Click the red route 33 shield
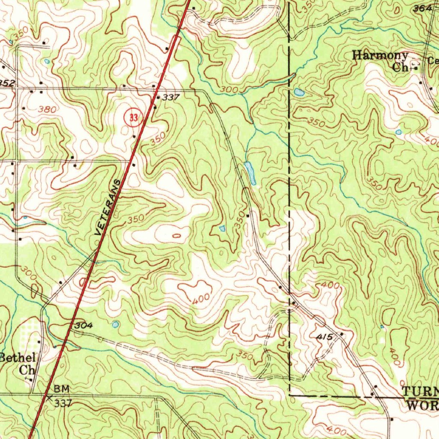pyautogui.click(x=133, y=117)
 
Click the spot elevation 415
pyautogui.click(x=325, y=338)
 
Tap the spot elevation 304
pyautogui.click(x=83, y=326)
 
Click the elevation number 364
pyautogui.click(x=422, y=8)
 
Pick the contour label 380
pyautogui.click(x=47, y=109)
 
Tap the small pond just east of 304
pyautogui.click(x=115, y=325)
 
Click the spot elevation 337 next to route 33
pyautogui.click(x=171, y=98)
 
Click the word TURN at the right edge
pyautogui.click(x=420, y=391)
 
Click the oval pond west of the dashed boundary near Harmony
pyautogui.click(x=299, y=92)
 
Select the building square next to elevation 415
pyautogui.click(x=342, y=334)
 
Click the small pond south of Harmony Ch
pyautogui.click(x=399, y=132)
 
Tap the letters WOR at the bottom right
pyautogui.click(x=422, y=404)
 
